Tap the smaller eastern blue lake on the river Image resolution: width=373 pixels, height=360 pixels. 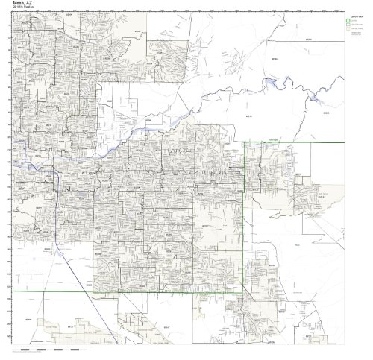click(x=319, y=98)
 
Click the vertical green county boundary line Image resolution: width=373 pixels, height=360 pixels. click(x=245, y=224)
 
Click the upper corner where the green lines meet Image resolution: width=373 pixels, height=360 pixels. click(x=245, y=142)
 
